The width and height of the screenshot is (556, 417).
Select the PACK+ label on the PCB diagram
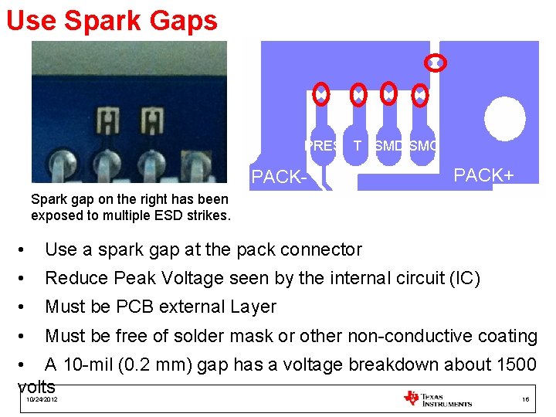[x=483, y=175]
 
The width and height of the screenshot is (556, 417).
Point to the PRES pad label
[x=320, y=145]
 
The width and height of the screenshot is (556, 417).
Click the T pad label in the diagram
[x=357, y=145]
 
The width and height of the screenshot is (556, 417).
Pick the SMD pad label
[x=388, y=145]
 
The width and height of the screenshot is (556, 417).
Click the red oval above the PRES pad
[x=320, y=93]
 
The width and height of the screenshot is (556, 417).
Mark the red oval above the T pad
[x=358, y=93]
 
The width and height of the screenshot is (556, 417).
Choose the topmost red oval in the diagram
[x=436, y=63]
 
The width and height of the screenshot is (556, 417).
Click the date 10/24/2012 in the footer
[x=41, y=399]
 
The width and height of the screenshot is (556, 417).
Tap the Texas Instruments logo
[x=438, y=398]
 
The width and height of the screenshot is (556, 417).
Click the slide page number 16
[x=525, y=399]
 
